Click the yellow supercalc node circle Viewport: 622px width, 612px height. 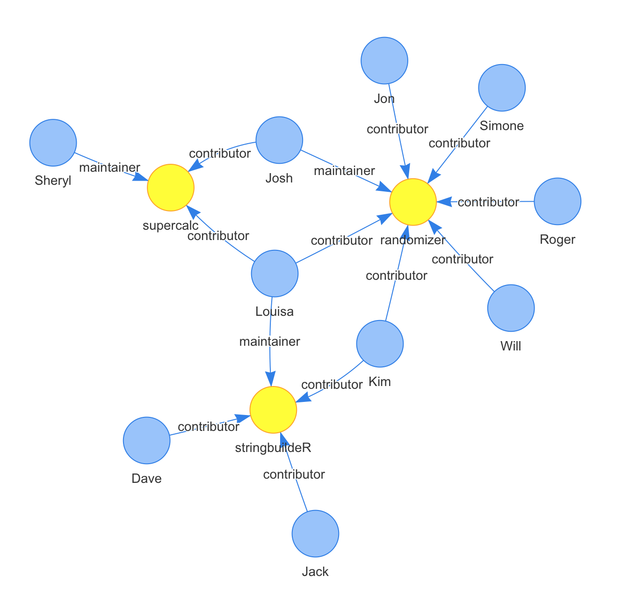click(171, 188)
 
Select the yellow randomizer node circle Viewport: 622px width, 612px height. click(413, 202)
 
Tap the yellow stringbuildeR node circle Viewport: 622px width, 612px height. click(273, 410)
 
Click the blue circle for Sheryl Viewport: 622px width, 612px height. click(53, 143)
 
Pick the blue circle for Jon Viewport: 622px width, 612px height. click(384, 60)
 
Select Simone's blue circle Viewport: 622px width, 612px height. click(502, 87)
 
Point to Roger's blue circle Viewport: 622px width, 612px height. click(557, 201)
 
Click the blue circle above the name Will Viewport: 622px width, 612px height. click(511, 308)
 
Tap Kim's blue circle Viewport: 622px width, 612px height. click(380, 343)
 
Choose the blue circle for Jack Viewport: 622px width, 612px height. click(315, 533)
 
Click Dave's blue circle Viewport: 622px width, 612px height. click(147, 440)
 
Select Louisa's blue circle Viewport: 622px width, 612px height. click(275, 273)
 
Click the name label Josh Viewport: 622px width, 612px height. click(279, 178)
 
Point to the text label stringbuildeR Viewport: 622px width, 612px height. click(273, 448)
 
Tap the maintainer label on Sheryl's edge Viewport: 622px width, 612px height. click(109, 168)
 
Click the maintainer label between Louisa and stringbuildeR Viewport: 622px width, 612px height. click(269, 342)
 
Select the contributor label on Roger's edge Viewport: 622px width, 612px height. click(488, 202)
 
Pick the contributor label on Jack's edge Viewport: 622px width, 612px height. click(294, 474)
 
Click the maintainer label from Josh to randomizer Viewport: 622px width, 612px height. click(344, 171)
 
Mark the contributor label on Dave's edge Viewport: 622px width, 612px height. click(209, 427)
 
